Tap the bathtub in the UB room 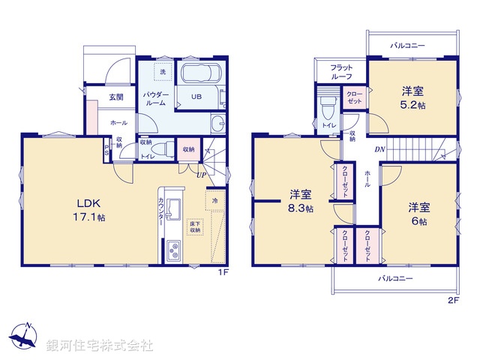pyautogui.click(x=199, y=74)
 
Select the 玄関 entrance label pyautogui.click(x=115, y=97)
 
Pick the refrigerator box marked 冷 pyautogui.click(x=215, y=201)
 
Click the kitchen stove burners pyautogui.click(x=173, y=250)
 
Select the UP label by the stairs pyautogui.click(x=202, y=175)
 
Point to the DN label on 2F pyautogui.click(x=379, y=148)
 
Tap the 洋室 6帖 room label pyautogui.click(x=418, y=214)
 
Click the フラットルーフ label pyautogui.click(x=342, y=71)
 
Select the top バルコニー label pyautogui.click(x=407, y=46)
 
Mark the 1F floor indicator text pyautogui.click(x=223, y=274)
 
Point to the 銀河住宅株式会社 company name pyautogui.click(x=99, y=346)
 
